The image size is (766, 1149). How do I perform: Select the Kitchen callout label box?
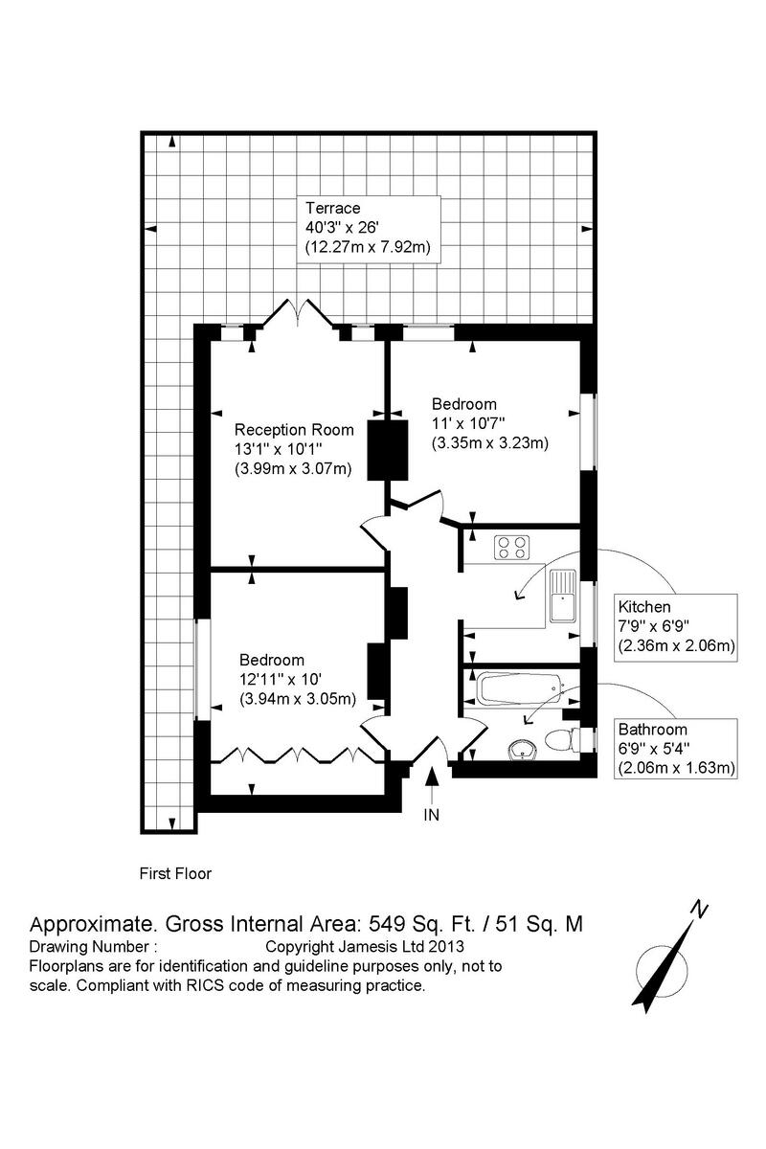(676, 626)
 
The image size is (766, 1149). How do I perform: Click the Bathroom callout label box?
(676, 748)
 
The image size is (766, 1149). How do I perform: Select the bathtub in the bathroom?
(517, 688)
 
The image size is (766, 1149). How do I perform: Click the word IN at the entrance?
(432, 815)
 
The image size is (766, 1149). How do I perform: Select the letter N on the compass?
(700, 910)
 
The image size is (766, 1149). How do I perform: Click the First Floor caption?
(175, 873)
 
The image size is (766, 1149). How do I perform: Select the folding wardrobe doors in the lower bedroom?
(298, 755)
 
